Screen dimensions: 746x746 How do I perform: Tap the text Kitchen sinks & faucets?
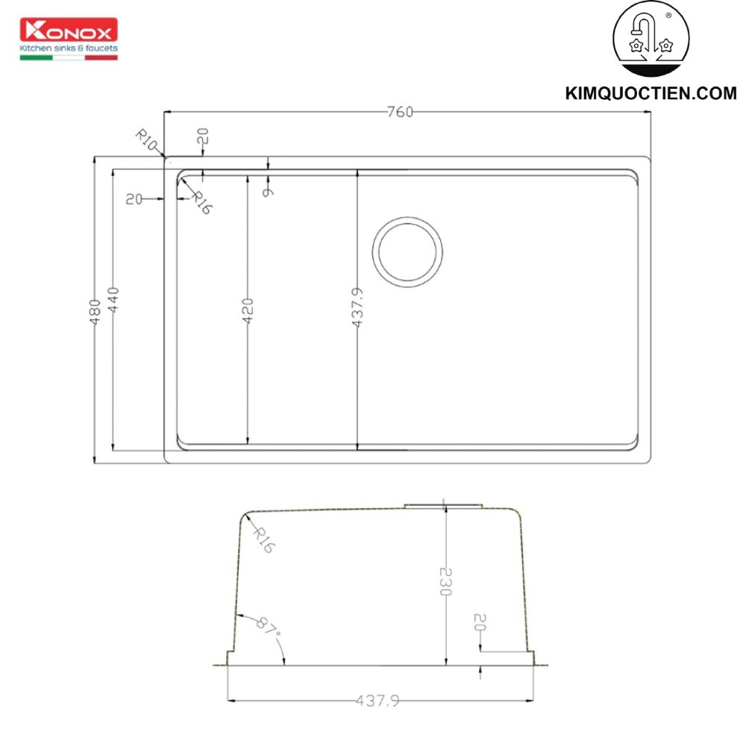(x=68, y=48)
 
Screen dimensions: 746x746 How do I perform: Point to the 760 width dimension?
(x=400, y=113)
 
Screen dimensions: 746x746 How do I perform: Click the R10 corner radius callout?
(x=146, y=139)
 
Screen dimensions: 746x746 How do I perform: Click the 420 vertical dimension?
(x=248, y=310)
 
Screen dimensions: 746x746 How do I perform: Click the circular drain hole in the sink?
(x=407, y=251)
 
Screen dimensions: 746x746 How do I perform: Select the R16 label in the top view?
(x=201, y=203)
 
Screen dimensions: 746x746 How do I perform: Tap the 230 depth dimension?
(x=445, y=581)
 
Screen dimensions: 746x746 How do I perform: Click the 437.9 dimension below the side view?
(x=377, y=701)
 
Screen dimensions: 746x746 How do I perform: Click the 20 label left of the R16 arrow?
(x=134, y=199)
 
